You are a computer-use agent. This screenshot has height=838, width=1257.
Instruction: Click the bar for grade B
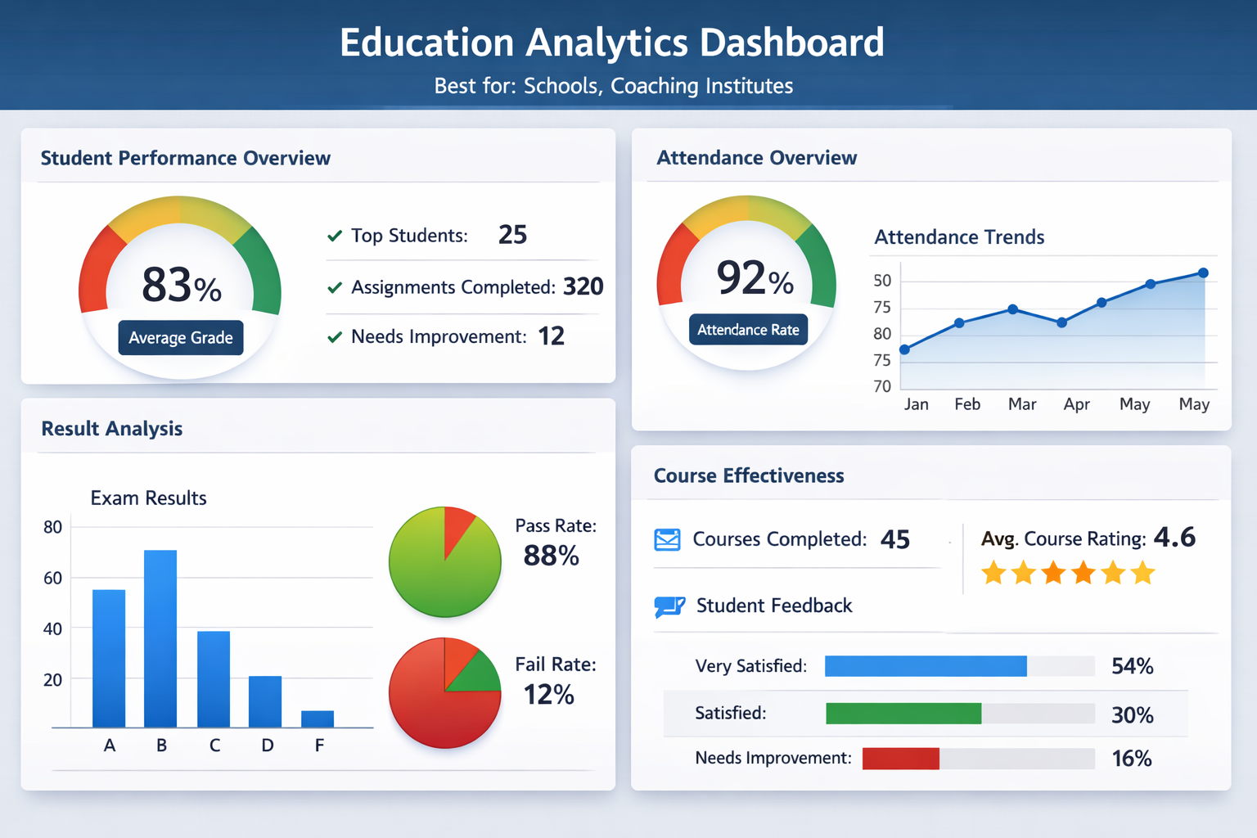click(160, 638)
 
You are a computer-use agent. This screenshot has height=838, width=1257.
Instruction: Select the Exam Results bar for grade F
click(318, 719)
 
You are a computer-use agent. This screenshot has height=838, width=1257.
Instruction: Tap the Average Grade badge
click(181, 337)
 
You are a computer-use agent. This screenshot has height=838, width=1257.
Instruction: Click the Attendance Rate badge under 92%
click(748, 330)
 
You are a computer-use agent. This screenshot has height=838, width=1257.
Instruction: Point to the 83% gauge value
click(181, 286)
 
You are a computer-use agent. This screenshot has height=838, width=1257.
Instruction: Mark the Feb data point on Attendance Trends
click(959, 323)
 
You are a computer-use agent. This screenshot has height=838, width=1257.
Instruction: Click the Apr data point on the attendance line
click(1062, 322)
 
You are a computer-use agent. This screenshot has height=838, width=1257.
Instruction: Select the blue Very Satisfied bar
click(926, 666)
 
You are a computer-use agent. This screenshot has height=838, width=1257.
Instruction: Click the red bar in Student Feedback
click(901, 759)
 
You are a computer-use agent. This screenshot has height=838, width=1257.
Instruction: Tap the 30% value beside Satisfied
click(1132, 715)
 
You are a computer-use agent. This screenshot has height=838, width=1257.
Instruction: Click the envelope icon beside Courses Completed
click(667, 540)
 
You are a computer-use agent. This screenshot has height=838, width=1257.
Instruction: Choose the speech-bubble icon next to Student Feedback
click(669, 606)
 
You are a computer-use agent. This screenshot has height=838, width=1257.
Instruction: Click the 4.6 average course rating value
click(1174, 538)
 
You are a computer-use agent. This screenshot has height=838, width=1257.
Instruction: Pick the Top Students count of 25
click(512, 235)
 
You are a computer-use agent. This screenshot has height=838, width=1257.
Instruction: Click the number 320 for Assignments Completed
click(583, 286)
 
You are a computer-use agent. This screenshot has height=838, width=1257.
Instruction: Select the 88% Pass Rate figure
click(551, 556)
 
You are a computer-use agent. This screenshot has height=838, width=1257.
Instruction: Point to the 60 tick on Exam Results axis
click(53, 579)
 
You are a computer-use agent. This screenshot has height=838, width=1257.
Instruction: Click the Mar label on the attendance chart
click(1022, 404)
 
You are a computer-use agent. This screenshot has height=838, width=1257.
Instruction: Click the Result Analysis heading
click(112, 429)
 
